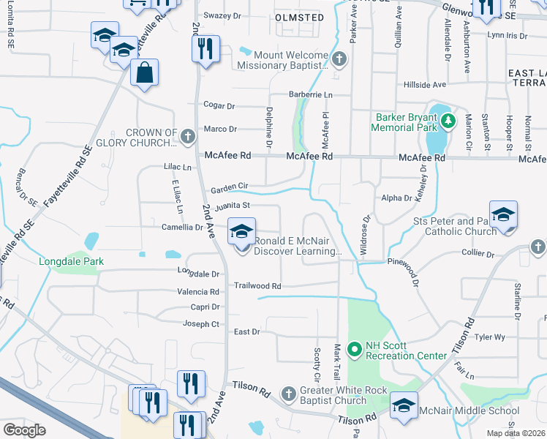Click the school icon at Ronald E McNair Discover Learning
point(241,233)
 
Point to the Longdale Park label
point(72,261)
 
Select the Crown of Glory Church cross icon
point(188,136)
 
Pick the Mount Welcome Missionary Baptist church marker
point(339,58)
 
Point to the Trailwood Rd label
point(257,286)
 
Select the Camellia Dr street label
point(182,228)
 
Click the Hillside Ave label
point(425,85)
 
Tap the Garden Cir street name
point(230,189)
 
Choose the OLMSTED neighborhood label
point(299,17)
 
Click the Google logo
point(24,430)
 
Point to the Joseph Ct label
point(201,324)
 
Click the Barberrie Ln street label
point(309,95)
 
